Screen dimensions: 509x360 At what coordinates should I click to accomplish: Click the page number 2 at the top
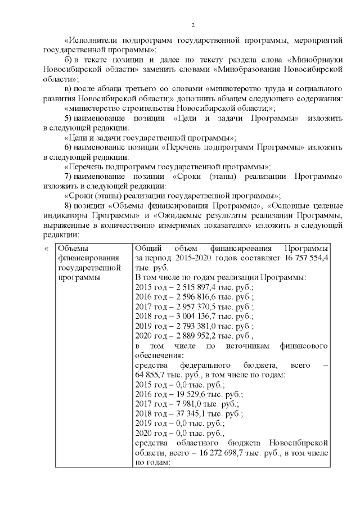192,25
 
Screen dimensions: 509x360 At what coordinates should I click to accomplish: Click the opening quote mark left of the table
46,247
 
